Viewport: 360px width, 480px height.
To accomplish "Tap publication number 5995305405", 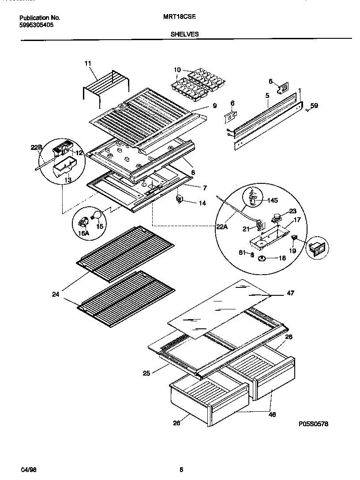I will (37, 25).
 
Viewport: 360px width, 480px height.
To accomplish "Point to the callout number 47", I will (290, 293).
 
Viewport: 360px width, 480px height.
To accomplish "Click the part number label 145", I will (273, 201).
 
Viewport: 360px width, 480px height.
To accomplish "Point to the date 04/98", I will (27, 469).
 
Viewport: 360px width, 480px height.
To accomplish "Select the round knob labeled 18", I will (262, 258).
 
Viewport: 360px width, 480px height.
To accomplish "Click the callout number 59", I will (314, 105).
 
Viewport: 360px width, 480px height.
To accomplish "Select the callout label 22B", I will (37, 148).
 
